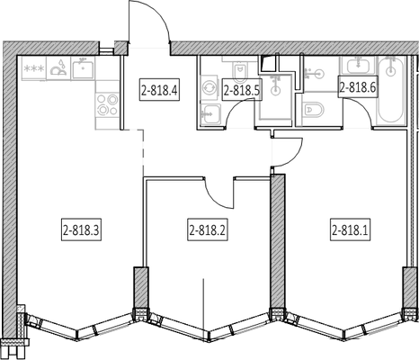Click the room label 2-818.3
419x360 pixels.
[x=82, y=229]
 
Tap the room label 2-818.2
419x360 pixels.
[x=208, y=229]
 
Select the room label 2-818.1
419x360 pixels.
[x=350, y=229]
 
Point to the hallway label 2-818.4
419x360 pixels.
[x=160, y=90]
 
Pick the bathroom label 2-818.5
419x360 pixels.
[x=242, y=90]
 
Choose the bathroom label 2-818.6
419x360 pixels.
[x=358, y=86]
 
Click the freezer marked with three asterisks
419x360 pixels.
[x=34, y=68]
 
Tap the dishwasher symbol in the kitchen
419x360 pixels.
[x=58, y=68]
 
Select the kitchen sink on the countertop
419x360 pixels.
[x=83, y=68]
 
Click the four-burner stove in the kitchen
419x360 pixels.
[x=107, y=104]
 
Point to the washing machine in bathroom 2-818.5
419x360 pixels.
[x=209, y=88]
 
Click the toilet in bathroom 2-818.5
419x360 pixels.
[x=240, y=71]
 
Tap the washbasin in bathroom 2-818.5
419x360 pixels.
[x=210, y=113]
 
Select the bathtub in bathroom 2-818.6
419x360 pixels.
[x=391, y=89]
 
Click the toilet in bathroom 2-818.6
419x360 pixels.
[x=313, y=110]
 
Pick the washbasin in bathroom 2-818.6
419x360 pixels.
[x=358, y=66]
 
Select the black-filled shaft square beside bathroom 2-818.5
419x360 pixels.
[x=265, y=64]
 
